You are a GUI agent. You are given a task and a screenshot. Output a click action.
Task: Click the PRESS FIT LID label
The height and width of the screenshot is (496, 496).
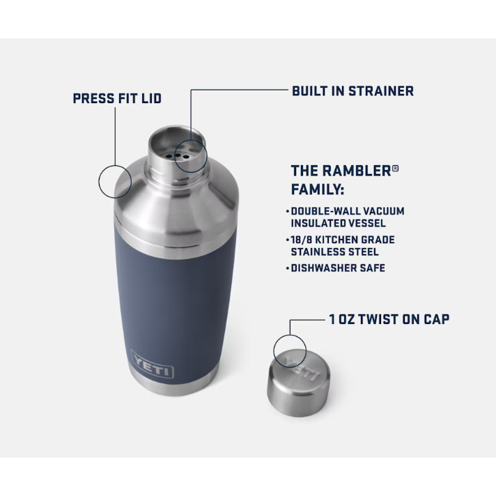tap(117, 98)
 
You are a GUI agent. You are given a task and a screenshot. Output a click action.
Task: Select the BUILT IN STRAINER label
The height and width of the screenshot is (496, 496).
tap(352, 91)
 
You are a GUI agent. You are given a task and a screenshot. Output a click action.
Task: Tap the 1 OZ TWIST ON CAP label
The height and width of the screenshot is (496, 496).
tap(389, 319)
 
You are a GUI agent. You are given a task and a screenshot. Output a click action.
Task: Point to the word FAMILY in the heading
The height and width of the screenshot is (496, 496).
tap(318, 189)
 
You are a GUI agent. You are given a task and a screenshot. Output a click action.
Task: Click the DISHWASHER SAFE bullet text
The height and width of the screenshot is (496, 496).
tap(338, 268)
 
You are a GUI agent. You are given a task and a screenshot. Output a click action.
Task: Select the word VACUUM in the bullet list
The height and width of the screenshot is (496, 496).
tap(382, 210)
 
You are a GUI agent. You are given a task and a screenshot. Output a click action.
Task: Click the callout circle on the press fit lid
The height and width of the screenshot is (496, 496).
tap(115, 180)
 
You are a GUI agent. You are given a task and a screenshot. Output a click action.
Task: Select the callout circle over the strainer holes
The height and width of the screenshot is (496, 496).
tap(190, 153)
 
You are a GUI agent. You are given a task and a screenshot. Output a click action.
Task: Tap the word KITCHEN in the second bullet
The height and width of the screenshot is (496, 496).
tap(339, 240)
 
